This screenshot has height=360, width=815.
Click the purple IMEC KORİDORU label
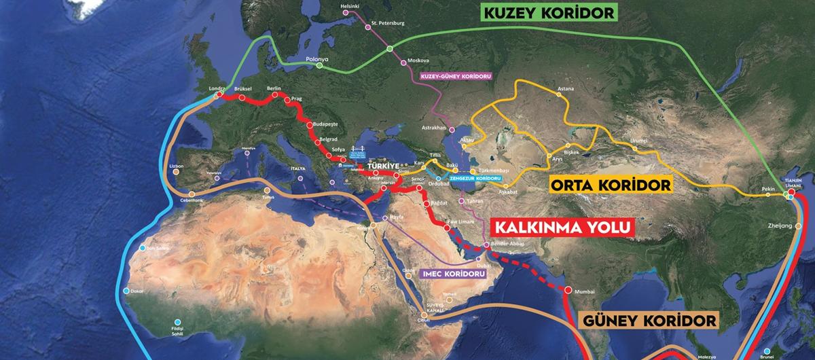454,274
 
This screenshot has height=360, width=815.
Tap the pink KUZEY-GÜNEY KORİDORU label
456,75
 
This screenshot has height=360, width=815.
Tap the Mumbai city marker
568,289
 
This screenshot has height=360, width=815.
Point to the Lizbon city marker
176,173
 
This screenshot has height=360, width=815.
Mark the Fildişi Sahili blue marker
177,322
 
